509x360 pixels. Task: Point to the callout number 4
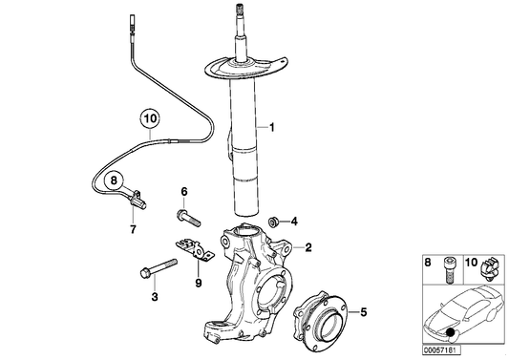295,222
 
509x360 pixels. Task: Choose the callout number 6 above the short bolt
184,192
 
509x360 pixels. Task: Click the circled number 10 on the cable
149,119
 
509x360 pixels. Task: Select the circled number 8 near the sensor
113,179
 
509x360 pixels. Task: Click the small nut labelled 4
274,221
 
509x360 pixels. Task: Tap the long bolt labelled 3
153,271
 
